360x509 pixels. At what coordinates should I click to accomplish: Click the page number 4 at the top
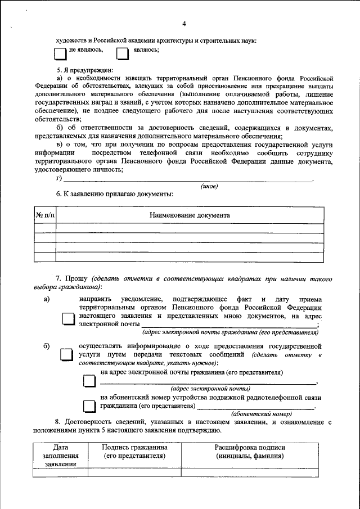coord(183,23)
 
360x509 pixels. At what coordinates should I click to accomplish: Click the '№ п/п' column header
coord(45,215)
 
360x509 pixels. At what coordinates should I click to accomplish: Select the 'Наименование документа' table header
coord(190,215)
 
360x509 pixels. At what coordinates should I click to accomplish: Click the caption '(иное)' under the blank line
coord(209,186)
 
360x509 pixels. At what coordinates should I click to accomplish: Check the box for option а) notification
coord(67,319)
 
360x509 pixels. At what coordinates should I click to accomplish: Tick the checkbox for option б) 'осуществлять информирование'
coord(67,355)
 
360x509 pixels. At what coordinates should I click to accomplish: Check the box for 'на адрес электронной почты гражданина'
coord(89,381)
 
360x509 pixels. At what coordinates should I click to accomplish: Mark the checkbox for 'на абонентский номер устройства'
coord(89,406)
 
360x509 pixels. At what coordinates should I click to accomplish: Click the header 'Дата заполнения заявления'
coord(61,456)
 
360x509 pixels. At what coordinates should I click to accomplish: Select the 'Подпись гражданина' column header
coord(134,452)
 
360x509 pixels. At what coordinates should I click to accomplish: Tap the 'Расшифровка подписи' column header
coord(250,452)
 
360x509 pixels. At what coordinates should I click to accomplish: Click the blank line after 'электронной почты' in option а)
coord(228,325)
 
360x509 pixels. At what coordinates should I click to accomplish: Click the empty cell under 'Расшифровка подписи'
coord(250,472)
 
